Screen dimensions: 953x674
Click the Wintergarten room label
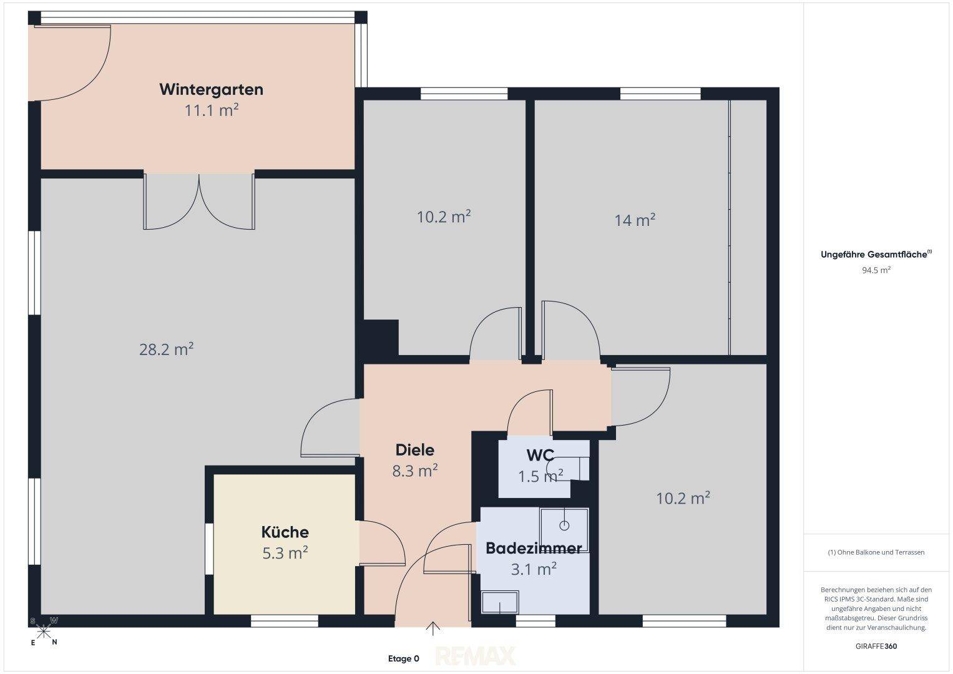tap(211, 89)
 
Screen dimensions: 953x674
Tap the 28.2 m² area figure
tap(167, 349)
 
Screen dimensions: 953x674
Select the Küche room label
tap(285, 532)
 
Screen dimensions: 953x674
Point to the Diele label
tap(415, 450)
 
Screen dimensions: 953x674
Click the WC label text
tap(540, 455)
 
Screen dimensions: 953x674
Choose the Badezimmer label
tap(534, 548)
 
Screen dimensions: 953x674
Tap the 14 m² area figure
tap(635, 220)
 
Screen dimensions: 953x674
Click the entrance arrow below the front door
tap(433, 629)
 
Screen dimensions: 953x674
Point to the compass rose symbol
tap(44, 632)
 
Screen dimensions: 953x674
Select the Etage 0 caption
tap(403, 658)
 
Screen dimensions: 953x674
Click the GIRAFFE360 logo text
tap(876, 646)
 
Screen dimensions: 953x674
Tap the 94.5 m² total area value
tap(876, 270)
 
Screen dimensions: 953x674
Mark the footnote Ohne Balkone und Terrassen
tap(876, 552)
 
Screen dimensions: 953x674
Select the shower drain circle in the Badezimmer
tap(564, 526)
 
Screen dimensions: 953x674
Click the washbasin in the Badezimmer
tap(500, 602)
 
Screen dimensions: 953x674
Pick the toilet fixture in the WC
tap(568, 468)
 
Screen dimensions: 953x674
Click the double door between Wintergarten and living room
tap(199, 202)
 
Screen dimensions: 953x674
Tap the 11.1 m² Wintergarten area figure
tap(211, 110)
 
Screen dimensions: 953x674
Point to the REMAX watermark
tap(475, 656)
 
